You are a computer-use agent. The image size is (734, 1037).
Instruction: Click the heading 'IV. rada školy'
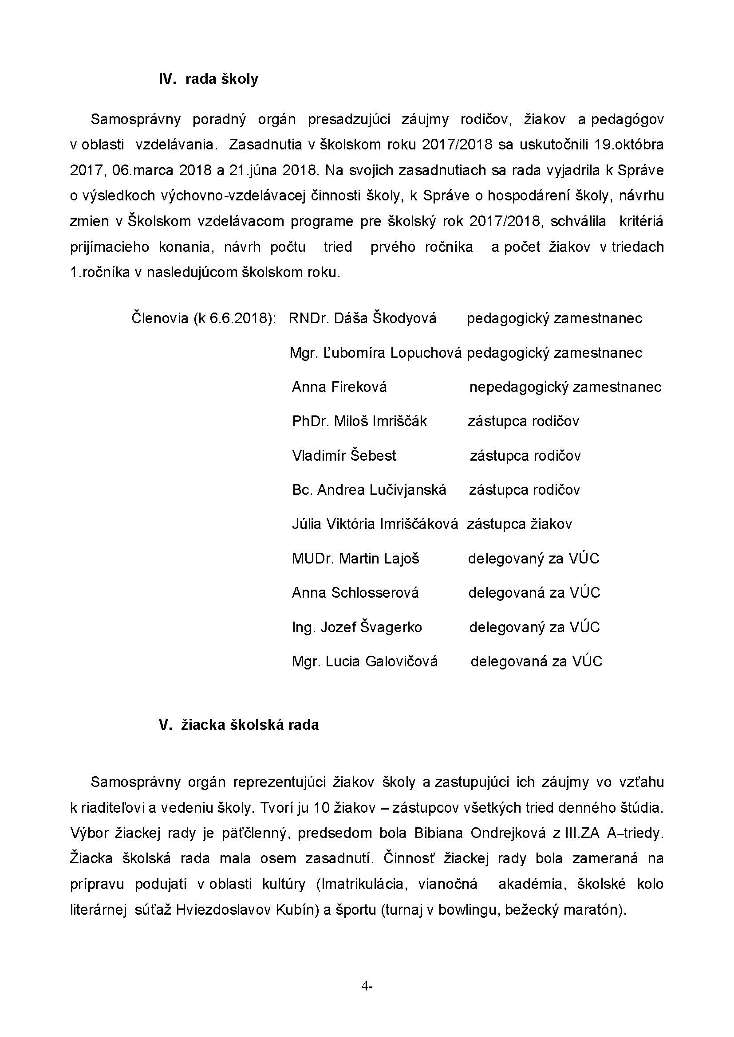point(209,79)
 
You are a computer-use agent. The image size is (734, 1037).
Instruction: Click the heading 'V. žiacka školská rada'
point(239,725)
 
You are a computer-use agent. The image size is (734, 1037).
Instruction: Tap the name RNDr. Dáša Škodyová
point(363,318)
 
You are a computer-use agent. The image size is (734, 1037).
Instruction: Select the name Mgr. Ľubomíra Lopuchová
point(375,353)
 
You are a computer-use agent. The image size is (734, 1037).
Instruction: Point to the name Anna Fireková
point(339,387)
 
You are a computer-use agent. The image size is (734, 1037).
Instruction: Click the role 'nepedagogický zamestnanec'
point(565,387)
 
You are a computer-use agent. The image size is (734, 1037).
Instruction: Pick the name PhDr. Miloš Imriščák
point(359,421)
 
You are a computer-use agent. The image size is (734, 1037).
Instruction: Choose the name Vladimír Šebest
point(344,455)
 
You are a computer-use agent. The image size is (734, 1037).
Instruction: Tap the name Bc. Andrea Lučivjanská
point(369,489)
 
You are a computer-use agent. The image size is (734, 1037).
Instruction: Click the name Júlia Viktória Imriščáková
point(375,524)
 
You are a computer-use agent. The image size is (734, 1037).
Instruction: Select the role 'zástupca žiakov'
point(519,524)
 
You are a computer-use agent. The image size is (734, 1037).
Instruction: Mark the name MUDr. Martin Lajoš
point(355,559)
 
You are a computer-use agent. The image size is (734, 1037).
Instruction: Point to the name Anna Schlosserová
point(355,593)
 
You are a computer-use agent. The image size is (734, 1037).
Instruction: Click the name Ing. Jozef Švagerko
point(357,627)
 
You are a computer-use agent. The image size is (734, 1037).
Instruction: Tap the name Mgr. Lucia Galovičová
point(365,661)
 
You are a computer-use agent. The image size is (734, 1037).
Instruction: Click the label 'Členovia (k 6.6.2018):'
point(204,318)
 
